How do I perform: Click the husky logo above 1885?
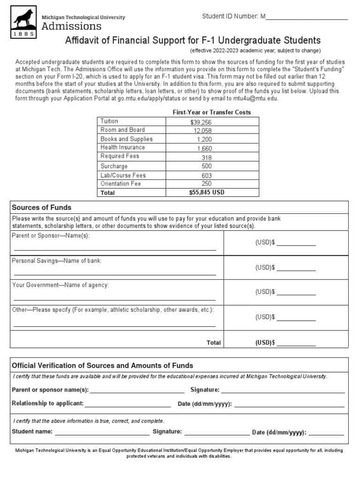[x=22, y=18]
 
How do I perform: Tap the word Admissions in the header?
[x=71, y=26]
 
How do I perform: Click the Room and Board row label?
[x=123, y=130]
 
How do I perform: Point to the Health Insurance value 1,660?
[x=204, y=148]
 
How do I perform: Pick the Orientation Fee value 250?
[x=206, y=184]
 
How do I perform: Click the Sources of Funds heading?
[x=42, y=208]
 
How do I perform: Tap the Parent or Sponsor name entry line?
[x=115, y=249]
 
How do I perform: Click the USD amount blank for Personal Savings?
[x=296, y=270]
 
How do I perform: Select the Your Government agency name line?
[x=115, y=299]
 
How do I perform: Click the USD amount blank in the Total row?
[x=296, y=345]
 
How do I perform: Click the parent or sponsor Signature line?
[x=283, y=392]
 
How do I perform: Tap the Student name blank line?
[x=102, y=435]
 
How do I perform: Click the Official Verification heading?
[x=102, y=366]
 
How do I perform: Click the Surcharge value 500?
[x=206, y=166]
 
